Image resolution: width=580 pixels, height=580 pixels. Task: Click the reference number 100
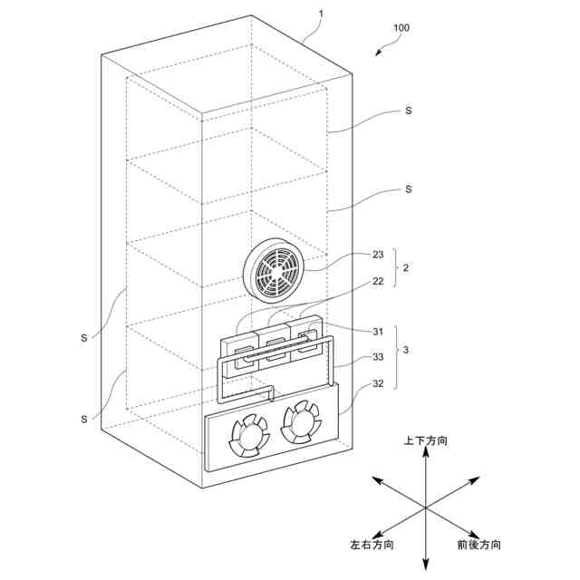click(x=401, y=27)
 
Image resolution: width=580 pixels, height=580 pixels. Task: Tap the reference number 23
click(x=378, y=255)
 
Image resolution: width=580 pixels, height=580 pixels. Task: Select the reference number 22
click(x=378, y=282)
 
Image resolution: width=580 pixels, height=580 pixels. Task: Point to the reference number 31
click(x=378, y=331)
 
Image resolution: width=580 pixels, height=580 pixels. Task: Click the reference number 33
click(x=378, y=357)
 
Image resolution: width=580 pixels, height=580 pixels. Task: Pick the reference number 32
click(x=378, y=383)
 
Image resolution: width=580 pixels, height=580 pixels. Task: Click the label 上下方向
click(x=425, y=440)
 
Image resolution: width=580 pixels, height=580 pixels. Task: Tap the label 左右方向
click(x=372, y=546)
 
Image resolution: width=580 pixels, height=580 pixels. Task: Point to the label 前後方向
click(x=478, y=546)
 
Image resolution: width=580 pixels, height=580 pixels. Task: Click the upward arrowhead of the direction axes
click(x=425, y=454)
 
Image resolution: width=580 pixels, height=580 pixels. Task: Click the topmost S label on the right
click(x=409, y=111)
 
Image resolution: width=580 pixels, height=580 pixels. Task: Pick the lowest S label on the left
click(x=83, y=418)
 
